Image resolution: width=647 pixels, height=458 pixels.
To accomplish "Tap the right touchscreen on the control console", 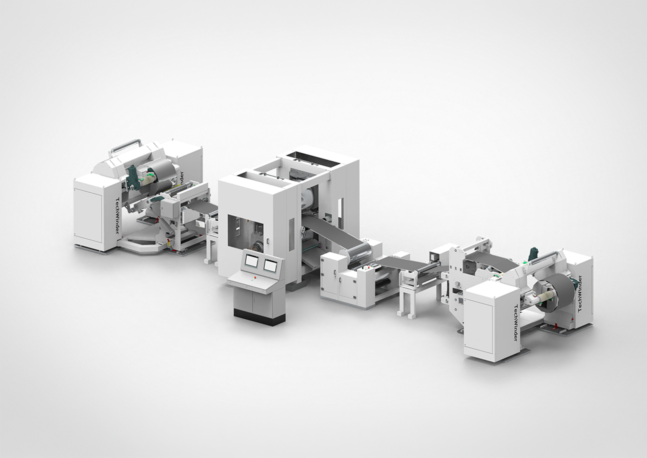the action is click(x=270, y=265).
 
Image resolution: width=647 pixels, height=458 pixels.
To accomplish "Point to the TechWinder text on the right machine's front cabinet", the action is click(x=516, y=322).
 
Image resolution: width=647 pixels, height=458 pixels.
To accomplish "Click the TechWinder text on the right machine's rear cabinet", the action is click(x=580, y=293).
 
